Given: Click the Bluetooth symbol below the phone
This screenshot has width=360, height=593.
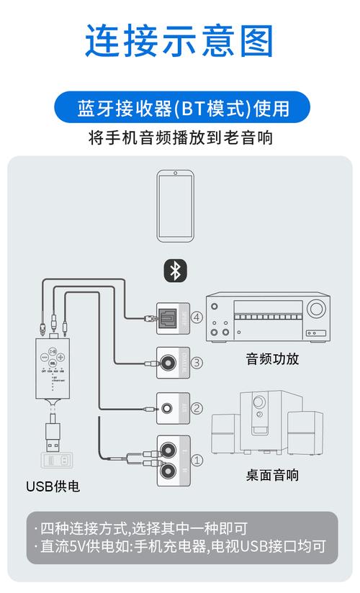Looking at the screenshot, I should [x=174, y=271].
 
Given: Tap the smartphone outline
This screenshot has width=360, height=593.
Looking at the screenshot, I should [x=175, y=207].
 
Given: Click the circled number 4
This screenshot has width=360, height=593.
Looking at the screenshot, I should [x=197, y=317].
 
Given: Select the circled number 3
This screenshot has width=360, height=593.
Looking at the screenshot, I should [x=197, y=363].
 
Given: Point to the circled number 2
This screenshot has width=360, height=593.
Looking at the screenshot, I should [x=197, y=409].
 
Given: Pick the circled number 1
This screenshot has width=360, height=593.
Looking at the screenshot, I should [x=197, y=458].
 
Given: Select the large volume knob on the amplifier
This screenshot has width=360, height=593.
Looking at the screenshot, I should [x=315, y=310].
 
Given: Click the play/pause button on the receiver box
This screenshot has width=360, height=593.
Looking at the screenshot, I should [x=53, y=356].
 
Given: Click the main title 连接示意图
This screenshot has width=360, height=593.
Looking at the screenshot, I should [x=179, y=41].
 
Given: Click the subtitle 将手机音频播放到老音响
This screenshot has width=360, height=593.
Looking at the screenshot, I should [x=180, y=137].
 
